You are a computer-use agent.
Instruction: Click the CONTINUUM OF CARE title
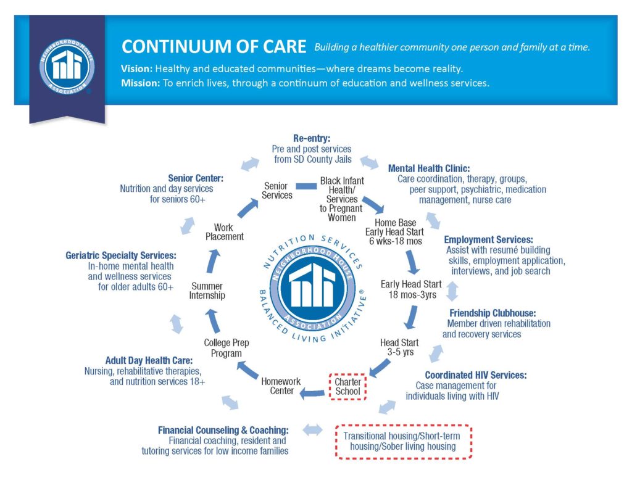(x=214, y=47)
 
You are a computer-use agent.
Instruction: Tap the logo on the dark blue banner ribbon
(x=67, y=67)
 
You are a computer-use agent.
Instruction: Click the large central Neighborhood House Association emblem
(x=312, y=289)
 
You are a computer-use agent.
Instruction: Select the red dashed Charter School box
(x=347, y=387)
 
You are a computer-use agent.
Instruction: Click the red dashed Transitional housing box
(x=404, y=441)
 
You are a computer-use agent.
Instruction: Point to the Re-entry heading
(x=312, y=138)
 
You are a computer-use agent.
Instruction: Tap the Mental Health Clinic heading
(x=429, y=168)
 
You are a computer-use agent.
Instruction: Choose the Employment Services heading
(x=489, y=240)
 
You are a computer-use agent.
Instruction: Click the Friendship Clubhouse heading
(x=493, y=313)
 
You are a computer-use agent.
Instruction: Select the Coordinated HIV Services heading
(x=476, y=375)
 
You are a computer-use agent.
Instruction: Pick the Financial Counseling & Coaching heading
(x=223, y=431)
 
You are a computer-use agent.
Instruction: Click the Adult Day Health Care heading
(x=149, y=360)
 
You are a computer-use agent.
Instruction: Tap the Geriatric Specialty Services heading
(x=121, y=255)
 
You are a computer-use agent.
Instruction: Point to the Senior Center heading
(x=196, y=178)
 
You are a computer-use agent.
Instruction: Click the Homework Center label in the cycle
(x=281, y=386)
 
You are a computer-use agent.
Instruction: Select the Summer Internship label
(x=207, y=291)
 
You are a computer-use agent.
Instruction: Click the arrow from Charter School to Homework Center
(x=312, y=393)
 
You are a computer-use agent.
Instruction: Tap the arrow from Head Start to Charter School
(x=380, y=368)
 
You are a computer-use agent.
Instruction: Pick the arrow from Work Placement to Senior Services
(x=247, y=208)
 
